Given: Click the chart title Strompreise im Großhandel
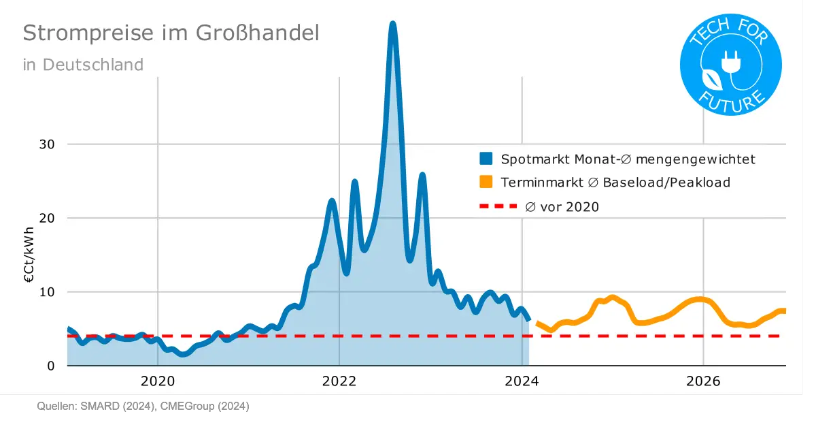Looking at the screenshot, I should [x=171, y=33].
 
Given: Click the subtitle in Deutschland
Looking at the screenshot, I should [x=83, y=65].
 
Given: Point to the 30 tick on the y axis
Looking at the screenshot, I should [x=46, y=144].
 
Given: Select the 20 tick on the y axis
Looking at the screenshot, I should [x=46, y=218].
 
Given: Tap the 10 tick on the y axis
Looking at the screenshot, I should [x=46, y=292].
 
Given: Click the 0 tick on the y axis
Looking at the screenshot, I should [x=50, y=366].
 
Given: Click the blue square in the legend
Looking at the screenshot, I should [x=486, y=159].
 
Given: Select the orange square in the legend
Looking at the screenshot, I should [x=486, y=182].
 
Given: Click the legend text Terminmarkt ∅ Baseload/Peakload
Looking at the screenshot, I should [x=615, y=182].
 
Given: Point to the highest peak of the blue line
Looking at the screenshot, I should [x=393, y=25].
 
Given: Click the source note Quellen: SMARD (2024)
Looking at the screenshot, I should [x=95, y=407].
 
